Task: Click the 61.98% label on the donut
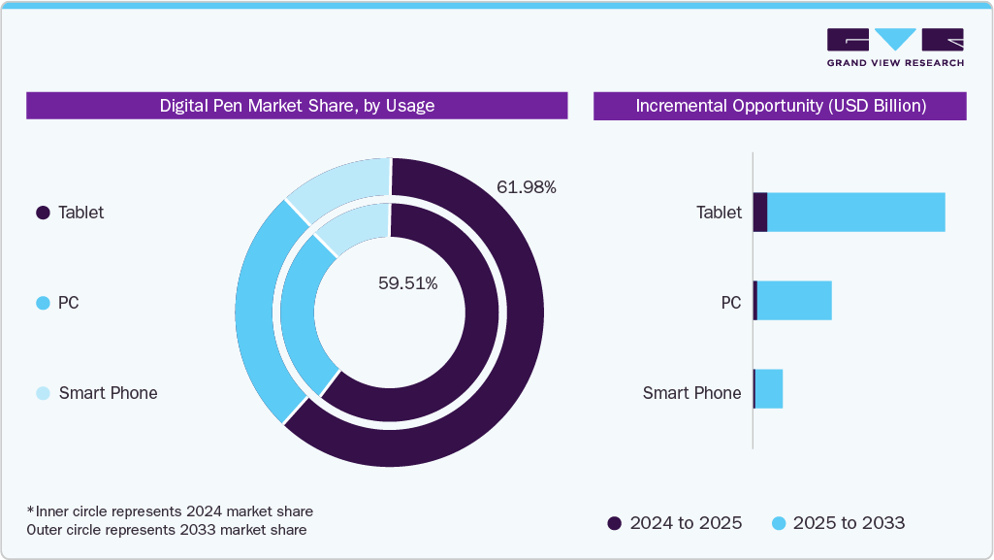point(527,187)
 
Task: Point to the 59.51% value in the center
point(407,283)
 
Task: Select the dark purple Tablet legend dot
point(43,213)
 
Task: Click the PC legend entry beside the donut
point(68,303)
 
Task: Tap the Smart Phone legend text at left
point(108,393)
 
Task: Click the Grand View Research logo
point(895,48)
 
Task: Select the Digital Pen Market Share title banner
point(297,106)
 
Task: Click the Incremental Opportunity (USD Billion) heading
point(780,106)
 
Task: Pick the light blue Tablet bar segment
point(855,212)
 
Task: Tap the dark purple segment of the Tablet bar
point(760,212)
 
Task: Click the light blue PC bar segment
point(794,301)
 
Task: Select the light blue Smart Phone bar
point(769,389)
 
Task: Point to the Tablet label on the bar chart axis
point(719,213)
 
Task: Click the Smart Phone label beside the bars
point(691,393)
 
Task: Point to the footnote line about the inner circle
point(171,511)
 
